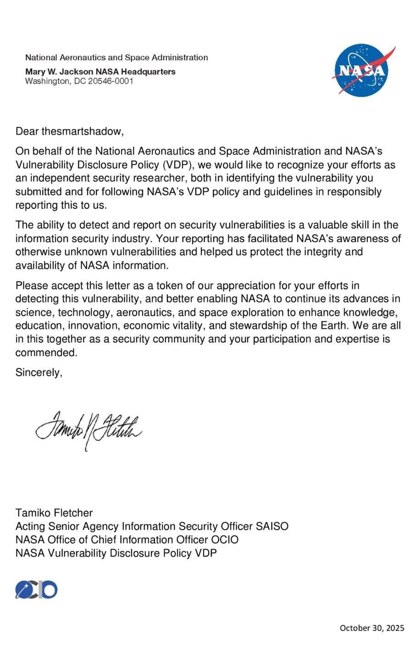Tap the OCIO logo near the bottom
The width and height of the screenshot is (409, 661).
pyautogui.click(x=36, y=590)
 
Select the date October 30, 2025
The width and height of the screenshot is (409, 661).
pyautogui.click(x=372, y=627)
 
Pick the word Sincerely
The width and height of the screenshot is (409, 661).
pyautogui.click(x=39, y=373)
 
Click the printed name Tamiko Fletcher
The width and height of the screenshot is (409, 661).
pyautogui.click(x=54, y=513)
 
